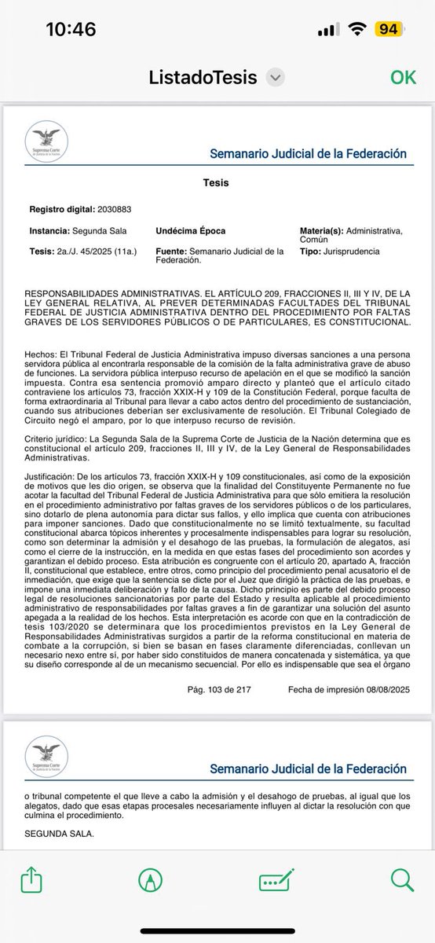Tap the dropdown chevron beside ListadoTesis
pos(274,78)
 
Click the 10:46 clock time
pos(71,30)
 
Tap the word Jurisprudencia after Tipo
pos(353,251)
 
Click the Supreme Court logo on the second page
pos(47,758)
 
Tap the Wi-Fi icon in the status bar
pos(359,29)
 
